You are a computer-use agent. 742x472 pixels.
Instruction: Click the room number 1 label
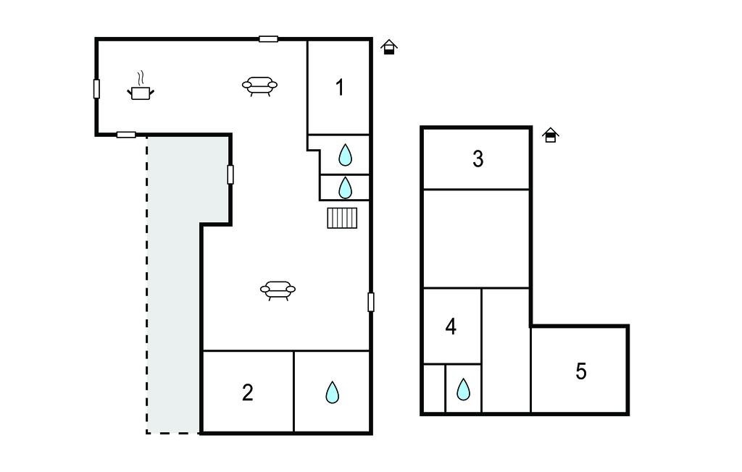[x=339, y=88]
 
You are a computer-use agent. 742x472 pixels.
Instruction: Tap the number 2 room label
[x=248, y=392]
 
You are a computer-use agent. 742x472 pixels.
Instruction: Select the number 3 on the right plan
[x=478, y=159]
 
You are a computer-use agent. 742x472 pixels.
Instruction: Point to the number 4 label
[x=451, y=326]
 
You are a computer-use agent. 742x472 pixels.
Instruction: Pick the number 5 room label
[x=581, y=371]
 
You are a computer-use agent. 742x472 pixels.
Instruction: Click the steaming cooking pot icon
[x=141, y=86]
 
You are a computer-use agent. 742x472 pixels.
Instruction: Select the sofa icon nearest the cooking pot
[x=259, y=86]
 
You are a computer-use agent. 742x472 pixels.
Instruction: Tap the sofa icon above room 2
[x=278, y=290]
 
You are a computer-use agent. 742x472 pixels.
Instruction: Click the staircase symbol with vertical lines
[x=342, y=218]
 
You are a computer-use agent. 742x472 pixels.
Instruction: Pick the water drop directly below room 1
[x=346, y=155]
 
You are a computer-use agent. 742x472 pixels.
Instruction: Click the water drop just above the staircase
[x=346, y=187]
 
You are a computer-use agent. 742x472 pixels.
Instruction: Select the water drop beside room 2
[x=333, y=392]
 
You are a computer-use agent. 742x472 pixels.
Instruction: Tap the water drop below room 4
[x=463, y=389]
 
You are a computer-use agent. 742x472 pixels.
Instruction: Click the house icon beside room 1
[x=389, y=47]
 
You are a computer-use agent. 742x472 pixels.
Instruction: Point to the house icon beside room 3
[x=551, y=135]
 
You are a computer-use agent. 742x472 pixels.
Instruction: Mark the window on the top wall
[x=268, y=39]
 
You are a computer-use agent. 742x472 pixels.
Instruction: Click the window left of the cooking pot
[x=96, y=89]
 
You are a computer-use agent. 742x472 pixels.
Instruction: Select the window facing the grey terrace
[x=230, y=174]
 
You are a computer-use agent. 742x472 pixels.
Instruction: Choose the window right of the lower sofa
[x=371, y=302]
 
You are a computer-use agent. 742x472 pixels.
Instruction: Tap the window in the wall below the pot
[x=126, y=135]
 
